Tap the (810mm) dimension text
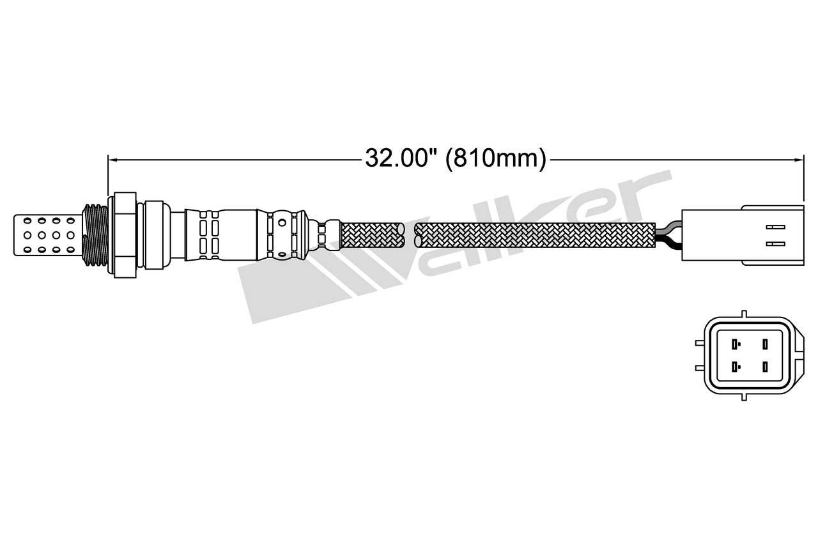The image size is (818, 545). click(496, 157)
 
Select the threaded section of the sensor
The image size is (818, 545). click(95, 234)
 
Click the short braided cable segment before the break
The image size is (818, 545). click(373, 234)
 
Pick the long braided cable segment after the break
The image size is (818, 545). click(534, 234)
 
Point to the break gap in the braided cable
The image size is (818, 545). click(410, 234)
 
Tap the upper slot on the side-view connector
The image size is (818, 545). click(775, 227)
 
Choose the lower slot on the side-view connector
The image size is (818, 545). click(775, 243)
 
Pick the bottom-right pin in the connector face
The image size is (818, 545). click(764, 367)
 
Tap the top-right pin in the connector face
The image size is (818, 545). click(764, 345)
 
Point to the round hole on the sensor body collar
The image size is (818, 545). click(282, 224)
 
